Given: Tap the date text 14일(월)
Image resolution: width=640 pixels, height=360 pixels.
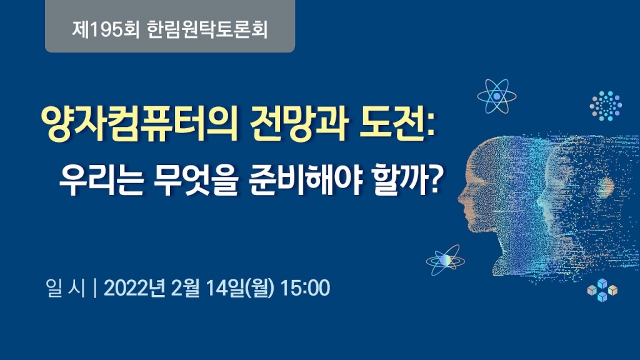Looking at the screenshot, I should point(240,288).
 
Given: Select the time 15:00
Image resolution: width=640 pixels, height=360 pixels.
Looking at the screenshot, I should point(305,288).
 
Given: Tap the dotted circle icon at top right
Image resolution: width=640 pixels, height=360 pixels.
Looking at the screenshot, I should point(605,106).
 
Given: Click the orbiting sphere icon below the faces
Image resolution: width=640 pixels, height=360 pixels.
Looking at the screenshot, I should point(444,259).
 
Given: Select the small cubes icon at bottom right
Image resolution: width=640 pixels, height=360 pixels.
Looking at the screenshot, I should point(602,289).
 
